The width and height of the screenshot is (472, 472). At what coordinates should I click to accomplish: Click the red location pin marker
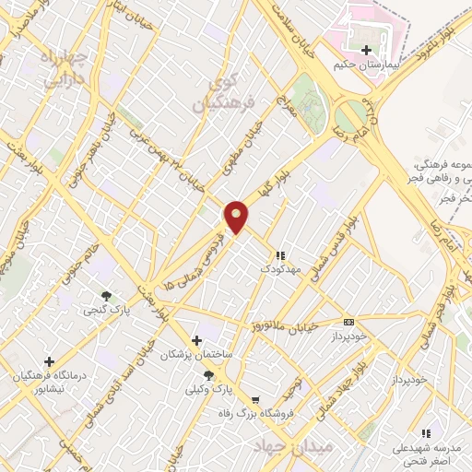pyautogui.click(x=236, y=217)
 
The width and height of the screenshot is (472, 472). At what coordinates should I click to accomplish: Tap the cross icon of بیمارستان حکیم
pyautogui.click(x=368, y=50)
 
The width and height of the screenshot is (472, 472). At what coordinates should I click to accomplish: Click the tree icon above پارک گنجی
pyautogui.click(x=108, y=297)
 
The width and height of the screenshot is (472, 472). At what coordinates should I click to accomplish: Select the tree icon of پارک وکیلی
pyautogui.click(x=208, y=375)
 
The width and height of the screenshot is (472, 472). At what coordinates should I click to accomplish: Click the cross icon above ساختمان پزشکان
pyautogui.click(x=195, y=339)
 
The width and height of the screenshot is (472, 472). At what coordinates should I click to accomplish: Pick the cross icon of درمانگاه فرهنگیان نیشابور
pyautogui.click(x=49, y=361)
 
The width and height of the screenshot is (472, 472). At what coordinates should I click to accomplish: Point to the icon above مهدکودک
pyautogui.click(x=280, y=255)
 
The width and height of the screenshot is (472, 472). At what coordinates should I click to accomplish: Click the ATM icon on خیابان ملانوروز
pyautogui.click(x=348, y=322)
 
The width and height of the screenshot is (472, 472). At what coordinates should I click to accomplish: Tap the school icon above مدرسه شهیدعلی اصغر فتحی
pyautogui.click(x=425, y=432)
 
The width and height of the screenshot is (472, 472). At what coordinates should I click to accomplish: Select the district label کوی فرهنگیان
pyautogui.click(x=218, y=94)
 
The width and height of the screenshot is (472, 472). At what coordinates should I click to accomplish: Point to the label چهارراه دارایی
pyautogui.click(x=68, y=70)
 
